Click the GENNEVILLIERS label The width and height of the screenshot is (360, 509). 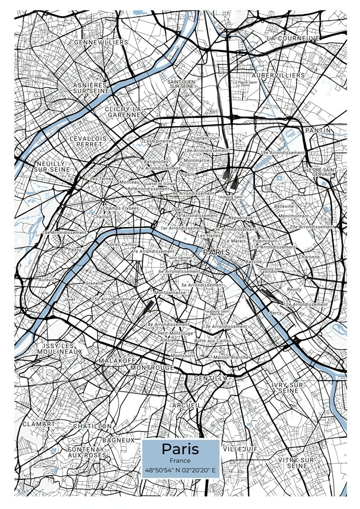pyautogui.click(x=101, y=42)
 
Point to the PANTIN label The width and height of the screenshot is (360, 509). pyautogui.click(x=318, y=130)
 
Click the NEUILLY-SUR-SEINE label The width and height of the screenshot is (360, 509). pyautogui.click(x=53, y=166)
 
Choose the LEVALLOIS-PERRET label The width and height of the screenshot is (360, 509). pyautogui.click(x=89, y=141)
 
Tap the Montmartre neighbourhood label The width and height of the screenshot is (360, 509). pyautogui.click(x=197, y=161)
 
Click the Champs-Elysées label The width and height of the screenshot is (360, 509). pyautogui.click(x=121, y=208)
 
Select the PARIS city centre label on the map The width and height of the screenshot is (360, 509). pyautogui.click(x=217, y=253)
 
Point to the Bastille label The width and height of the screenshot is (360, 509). pyautogui.click(x=253, y=261)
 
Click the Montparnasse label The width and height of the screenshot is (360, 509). pyautogui.click(x=170, y=293)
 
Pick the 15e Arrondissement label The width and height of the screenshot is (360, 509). pyautogui.click(x=113, y=299)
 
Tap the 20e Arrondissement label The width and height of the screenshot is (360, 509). pyautogui.click(x=312, y=227)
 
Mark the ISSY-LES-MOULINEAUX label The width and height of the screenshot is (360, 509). pyautogui.click(x=60, y=348)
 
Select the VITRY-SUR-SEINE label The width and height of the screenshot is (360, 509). pyautogui.click(x=297, y=463)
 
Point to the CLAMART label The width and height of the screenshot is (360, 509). pyautogui.click(x=39, y=424)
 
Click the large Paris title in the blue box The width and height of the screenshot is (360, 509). pyautogui.click(x=180, y=449)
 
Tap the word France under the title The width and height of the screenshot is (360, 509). pyautogui.click(x=180, y=461)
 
